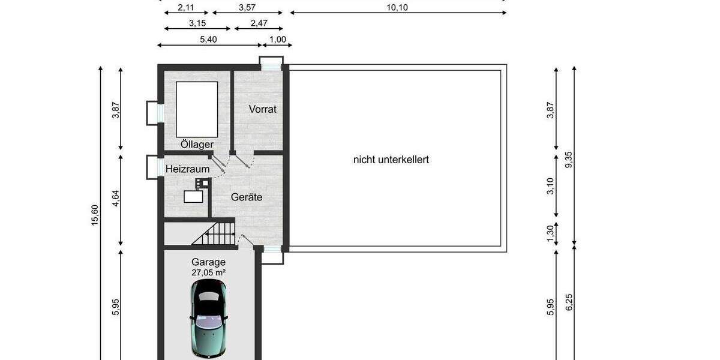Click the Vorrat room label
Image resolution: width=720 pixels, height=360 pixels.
click(x=263, y=109)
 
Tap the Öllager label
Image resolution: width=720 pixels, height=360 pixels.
click(x=197, y=145)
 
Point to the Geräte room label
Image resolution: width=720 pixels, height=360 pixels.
click(x=248, y=197)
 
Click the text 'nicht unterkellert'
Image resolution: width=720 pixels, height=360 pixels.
click(x=391, y=160)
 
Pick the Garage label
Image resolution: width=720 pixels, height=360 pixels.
click(x=208, y=262)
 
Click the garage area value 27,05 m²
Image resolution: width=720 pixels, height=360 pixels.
click(x=208, y=272)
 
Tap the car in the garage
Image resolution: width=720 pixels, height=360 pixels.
click(x=208, y=318)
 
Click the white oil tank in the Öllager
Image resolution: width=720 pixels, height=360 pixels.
click(x=197, y=109)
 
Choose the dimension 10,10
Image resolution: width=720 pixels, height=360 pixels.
click(x=398, y=7)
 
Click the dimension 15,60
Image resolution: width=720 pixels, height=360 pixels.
click(x=95, y=214)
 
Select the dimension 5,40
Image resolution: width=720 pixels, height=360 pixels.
click(x=208, y=40)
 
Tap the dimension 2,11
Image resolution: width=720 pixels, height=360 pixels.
click(x=186, y=7)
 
